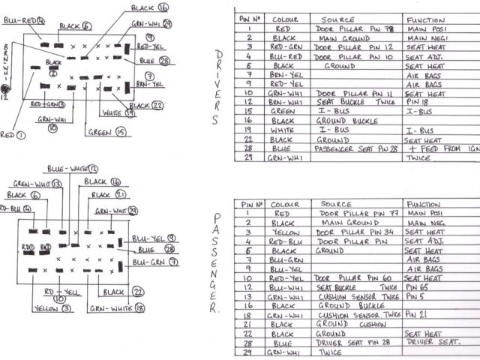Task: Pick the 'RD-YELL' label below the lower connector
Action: pyautogui.click(x=62, y=290)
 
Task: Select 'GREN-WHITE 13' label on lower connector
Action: pyautogui.click(x=37, y=184)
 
